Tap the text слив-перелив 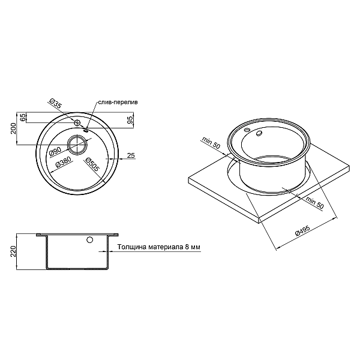(x=118, y=103)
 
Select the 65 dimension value (x=23, y=118)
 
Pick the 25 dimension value (x=131, y=155)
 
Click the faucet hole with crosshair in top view (x=77, y=122)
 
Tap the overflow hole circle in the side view (x=89, y=241)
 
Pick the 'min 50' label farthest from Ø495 (x=211, y=144)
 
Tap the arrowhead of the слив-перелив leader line (x=86, y=128)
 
